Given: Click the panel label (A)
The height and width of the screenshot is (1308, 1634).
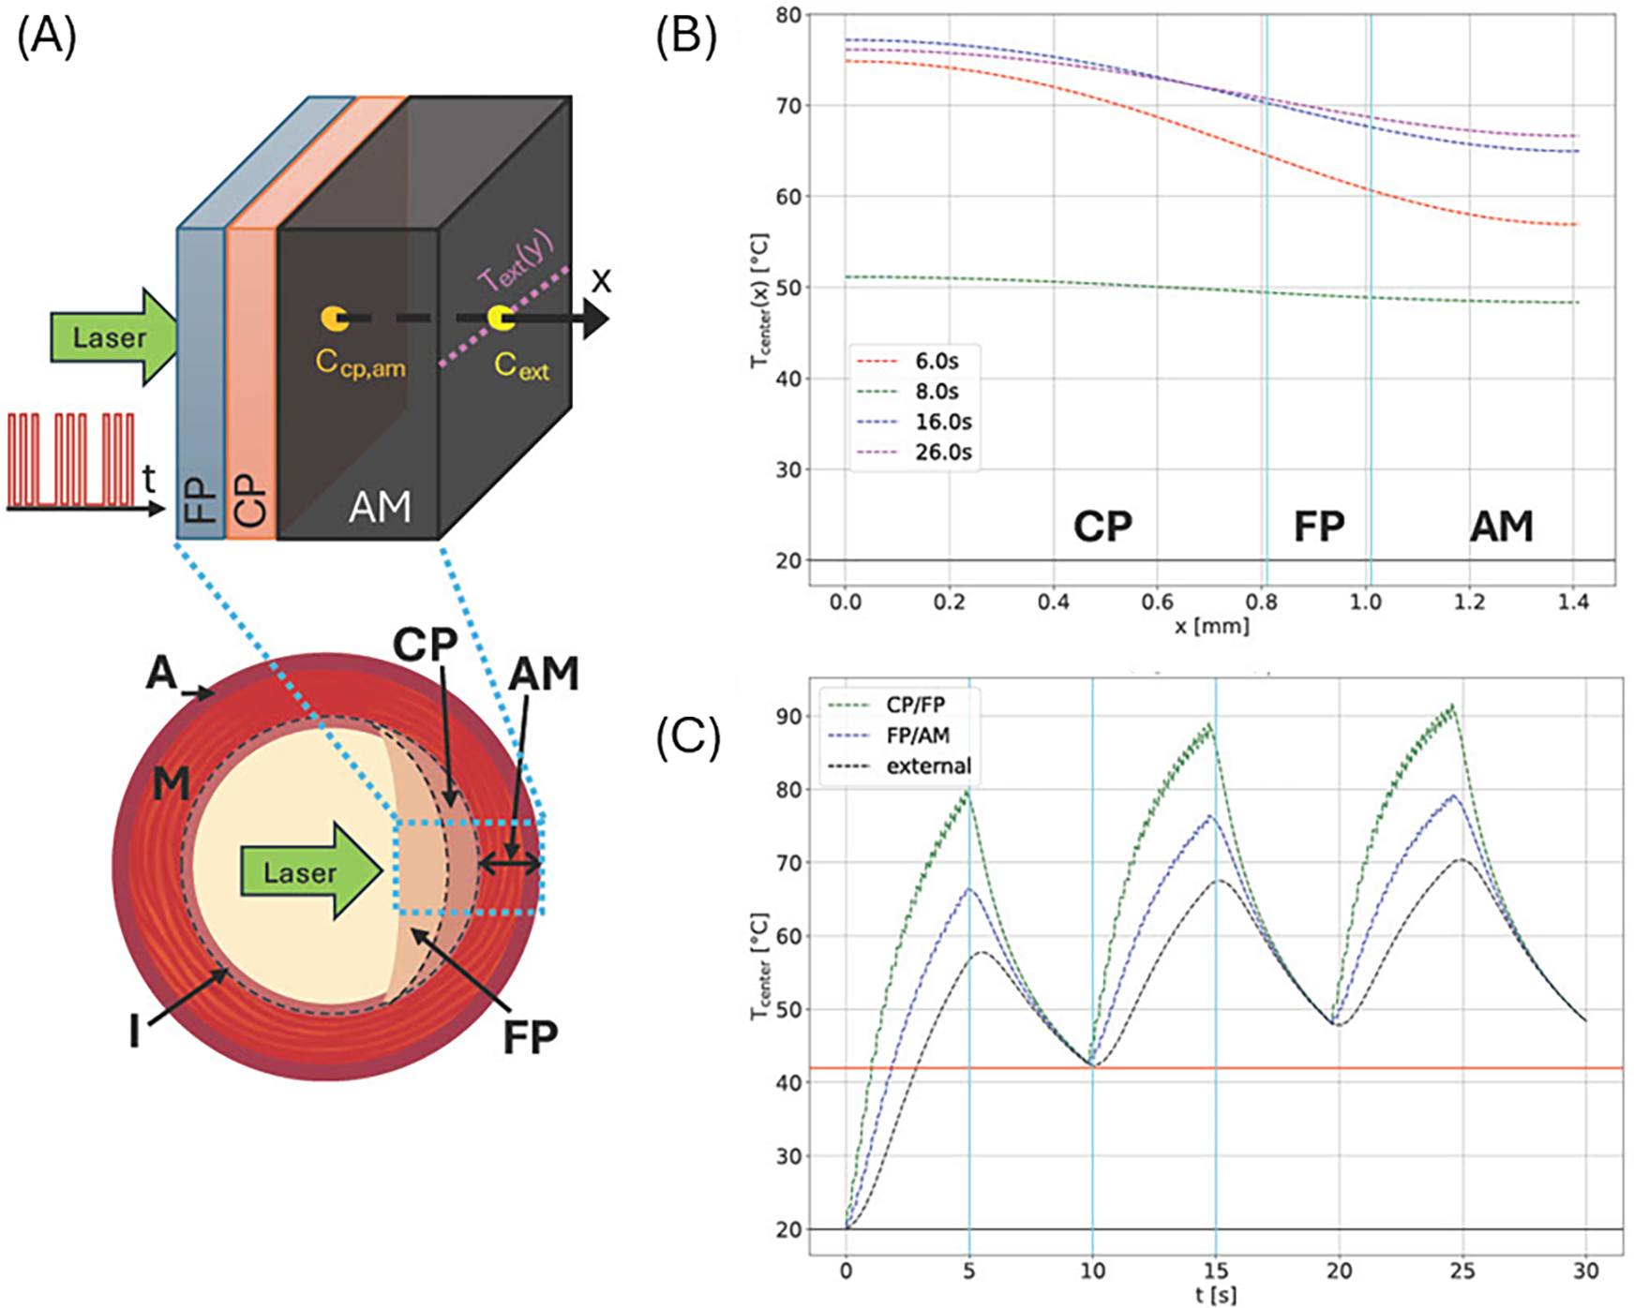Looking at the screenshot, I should click(x=47, y=39).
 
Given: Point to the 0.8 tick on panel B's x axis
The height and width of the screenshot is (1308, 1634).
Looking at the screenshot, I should click(x=1262, y=602).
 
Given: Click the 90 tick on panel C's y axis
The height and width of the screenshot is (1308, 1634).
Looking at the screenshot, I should click(x=789, y=717).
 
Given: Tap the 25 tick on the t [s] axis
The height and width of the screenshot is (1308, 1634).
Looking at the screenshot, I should click(x=1462, y=1271).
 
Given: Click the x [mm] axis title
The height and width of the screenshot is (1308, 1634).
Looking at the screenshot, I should click(x=1211, y=625).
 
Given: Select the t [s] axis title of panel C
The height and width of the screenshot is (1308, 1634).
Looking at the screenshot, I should click(x=1216, y=1295).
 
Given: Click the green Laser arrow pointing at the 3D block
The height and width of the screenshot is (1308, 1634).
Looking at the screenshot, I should click(x=112, y=337).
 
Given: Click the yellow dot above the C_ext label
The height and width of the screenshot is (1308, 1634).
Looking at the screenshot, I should click(x=500, y=318).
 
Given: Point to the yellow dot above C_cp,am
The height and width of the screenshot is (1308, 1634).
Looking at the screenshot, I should click(x=333, y=318).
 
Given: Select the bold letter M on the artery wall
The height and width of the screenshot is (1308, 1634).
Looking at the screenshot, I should click(x=171, y=784).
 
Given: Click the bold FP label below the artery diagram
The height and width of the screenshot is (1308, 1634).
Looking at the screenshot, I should click(x=530, y=1036).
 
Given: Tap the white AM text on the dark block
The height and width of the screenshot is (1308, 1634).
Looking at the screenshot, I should click(x=380, y=507).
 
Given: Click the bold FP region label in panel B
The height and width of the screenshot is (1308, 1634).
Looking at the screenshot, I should click(x=1319, y=527).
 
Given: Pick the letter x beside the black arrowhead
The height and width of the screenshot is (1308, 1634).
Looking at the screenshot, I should click(x=601, y=278).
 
